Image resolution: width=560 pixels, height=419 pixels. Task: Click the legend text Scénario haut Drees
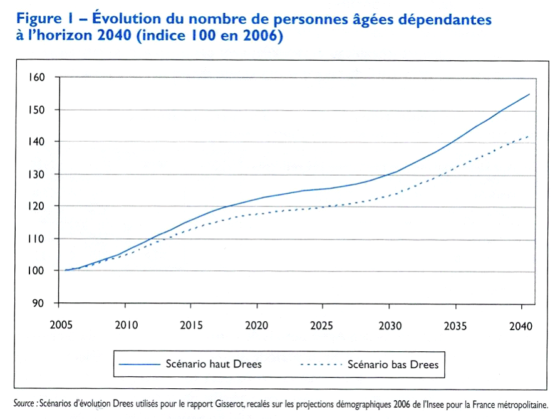point(214,364)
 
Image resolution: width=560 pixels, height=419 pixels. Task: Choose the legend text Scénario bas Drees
point(394,364)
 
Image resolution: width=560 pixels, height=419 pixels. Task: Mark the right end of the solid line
point(529,94)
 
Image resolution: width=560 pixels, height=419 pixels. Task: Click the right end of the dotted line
point(529,135)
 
